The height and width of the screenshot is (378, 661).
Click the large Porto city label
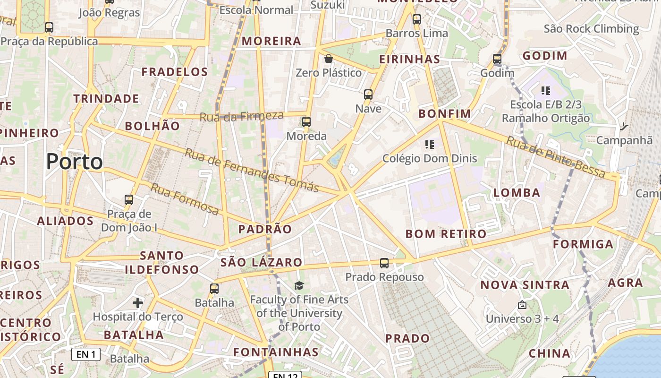coord(75,162)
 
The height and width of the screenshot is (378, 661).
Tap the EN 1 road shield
coord(86,354)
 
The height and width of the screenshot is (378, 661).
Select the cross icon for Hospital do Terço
coord(138,302)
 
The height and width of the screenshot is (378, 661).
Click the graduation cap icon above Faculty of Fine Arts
coord(299,285)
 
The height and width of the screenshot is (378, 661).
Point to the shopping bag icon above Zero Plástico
coord(328,59)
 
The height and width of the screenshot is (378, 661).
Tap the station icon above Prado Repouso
coord(384,263)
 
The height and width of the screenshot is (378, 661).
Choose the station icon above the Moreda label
coord(306,122)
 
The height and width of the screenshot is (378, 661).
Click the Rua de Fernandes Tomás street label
coord(252,170)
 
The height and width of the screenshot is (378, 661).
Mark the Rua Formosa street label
coord(185,199)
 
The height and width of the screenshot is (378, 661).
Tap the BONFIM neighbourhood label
coord(445,114)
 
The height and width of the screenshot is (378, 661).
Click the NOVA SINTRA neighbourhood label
coord(525,285)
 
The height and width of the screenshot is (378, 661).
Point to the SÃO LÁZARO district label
coord(261,262)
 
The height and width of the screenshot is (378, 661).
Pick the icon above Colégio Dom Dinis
coord(429,144)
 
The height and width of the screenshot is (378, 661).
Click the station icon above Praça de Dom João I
coord(129,199)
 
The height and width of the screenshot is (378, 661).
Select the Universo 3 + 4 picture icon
coord(522,305)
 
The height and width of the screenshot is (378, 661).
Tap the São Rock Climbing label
coord(591,29)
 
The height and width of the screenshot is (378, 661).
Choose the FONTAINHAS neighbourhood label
coord(276,352)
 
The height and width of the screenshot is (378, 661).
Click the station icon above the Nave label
coord(368,94)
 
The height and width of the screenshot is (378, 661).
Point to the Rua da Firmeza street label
coord(242,116)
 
